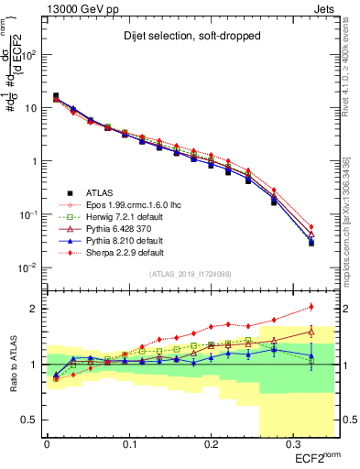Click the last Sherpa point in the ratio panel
click(x=311, y=307)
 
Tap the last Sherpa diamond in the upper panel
click(x=311, y=227)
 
